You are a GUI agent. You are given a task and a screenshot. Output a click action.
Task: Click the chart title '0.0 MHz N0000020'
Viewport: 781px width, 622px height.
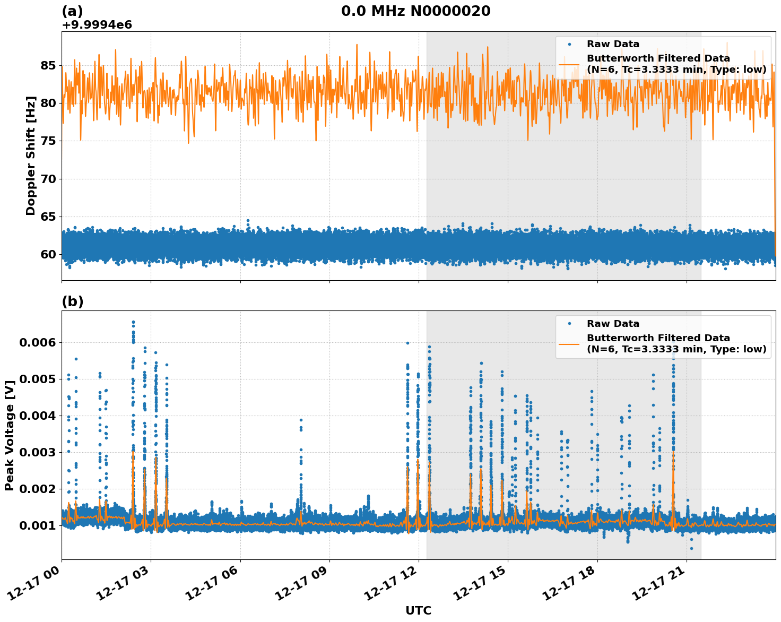click(415, 11)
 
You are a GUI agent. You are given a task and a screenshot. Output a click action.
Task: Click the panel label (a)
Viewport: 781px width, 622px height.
click(73, 11)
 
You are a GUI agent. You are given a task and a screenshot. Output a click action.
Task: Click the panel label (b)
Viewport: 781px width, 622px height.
click(73, 301)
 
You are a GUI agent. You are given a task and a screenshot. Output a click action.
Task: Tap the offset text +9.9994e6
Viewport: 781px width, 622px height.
click(97, 25)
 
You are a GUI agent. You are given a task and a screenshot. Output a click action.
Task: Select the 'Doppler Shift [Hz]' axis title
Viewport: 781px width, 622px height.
click(31, 155)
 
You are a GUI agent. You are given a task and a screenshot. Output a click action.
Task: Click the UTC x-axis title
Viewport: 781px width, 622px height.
click(418, 611)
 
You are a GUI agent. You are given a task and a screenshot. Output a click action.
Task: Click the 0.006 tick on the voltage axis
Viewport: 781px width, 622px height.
click(37, 343)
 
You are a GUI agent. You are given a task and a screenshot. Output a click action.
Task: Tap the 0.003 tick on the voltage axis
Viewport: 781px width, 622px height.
click(37, 453)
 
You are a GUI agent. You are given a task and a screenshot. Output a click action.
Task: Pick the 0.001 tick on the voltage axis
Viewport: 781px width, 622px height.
click(37, 526)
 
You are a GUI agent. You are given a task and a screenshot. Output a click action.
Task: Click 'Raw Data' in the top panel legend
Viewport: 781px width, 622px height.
click(613, 44)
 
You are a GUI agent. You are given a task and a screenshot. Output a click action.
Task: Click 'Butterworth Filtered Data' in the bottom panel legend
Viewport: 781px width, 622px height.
click(658, 338)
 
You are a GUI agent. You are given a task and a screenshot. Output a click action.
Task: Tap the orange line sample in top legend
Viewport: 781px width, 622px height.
click(570, 64)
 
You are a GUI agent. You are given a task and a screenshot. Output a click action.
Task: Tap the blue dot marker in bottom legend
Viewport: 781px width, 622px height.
click(570, 324)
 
